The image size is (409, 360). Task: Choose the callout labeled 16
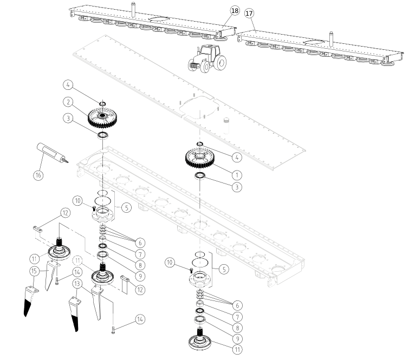[38, 175]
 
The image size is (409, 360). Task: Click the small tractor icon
[206, 58]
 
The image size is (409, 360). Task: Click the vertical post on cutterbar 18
[132, 9]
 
